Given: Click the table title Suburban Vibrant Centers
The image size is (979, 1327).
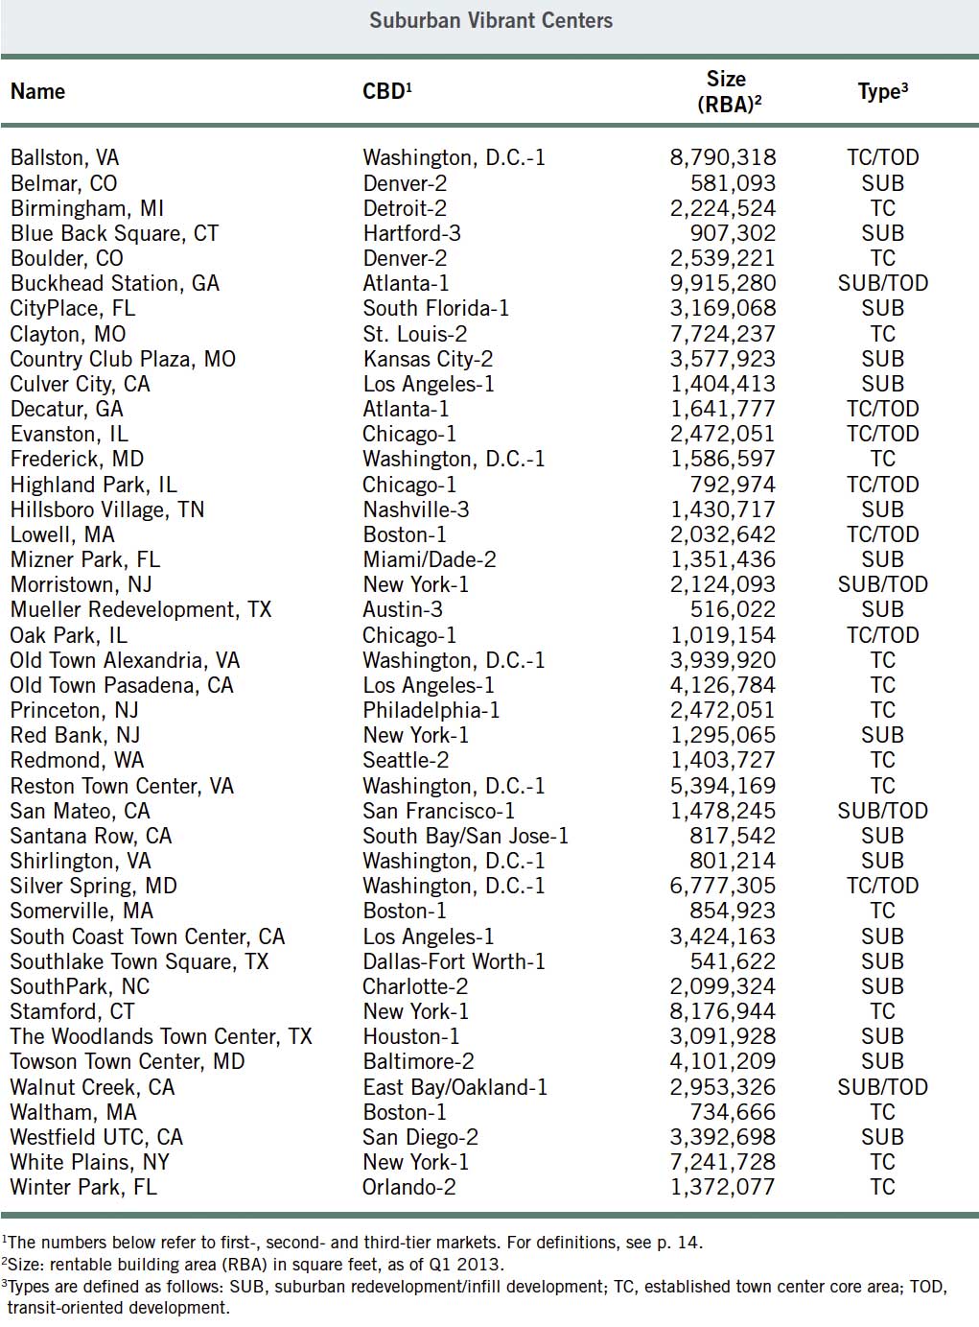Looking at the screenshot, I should click(x=490, y=20).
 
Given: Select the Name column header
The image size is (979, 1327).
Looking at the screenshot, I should click(x=38, y=92).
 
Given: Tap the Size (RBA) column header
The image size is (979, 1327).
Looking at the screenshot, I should click(x=728, y=92).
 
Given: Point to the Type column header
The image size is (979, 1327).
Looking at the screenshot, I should click(x=882, y=92).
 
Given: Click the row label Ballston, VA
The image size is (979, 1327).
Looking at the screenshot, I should click(x=65, y=158).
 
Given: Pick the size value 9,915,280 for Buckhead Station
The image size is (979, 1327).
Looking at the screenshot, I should click(x=722, y=284).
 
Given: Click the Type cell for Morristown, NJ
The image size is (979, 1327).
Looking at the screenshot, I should click(x=882, y=585).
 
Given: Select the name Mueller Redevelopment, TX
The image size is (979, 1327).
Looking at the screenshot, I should click(x=141, y=610).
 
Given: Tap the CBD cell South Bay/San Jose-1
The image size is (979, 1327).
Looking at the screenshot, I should click(x=465, y=837).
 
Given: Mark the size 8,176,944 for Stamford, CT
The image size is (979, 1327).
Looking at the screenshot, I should click(x=722, y=1012).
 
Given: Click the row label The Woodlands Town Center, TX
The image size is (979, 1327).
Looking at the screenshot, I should click(x=161, y=1037).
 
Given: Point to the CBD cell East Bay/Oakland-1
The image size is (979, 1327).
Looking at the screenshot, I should click(x=455, y=1088).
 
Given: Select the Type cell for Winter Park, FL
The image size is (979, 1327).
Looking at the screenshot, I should click(x=882, y=1188).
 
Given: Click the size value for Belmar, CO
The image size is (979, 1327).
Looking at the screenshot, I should click(x=733, y=184).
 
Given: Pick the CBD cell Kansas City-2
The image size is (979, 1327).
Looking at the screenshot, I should click(x=428, y=360).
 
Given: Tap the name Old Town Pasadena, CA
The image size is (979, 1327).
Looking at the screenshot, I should click(x=122, y=686).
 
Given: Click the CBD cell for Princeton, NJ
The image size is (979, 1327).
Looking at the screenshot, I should click(x=431, y=711).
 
